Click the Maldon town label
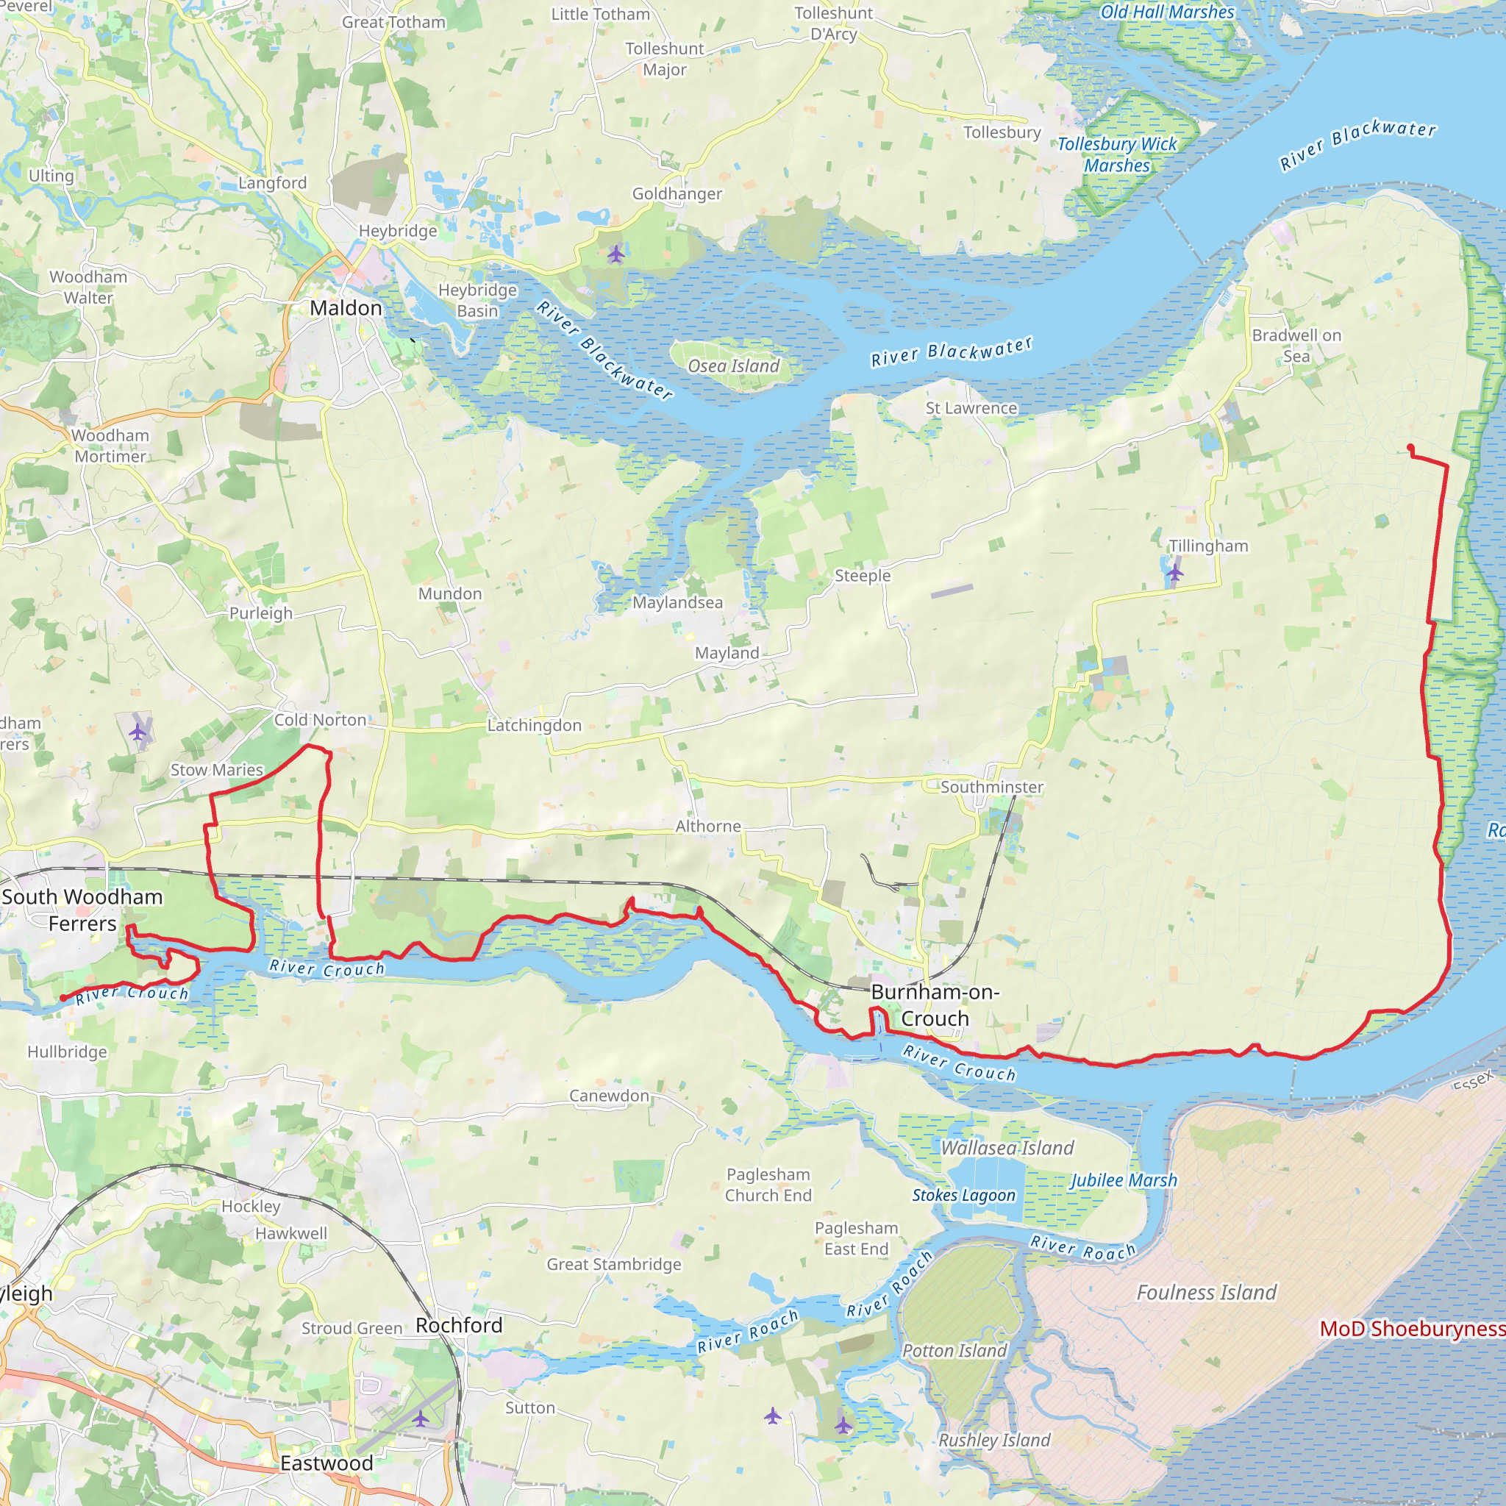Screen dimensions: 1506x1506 (346, 308)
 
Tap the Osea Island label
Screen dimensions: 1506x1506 (732, 365)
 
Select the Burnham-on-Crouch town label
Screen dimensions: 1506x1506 (935, 1004)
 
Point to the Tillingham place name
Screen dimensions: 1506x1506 (1208, 546)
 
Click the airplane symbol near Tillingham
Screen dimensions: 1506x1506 (1174, 573)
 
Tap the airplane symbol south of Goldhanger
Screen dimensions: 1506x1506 (615, 254)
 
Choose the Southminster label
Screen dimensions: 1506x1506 (991, 787)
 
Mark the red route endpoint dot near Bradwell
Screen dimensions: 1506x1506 (1410, 447)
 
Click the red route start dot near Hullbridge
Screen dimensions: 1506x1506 (63, 998)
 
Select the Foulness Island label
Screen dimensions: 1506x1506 (1207, 1293)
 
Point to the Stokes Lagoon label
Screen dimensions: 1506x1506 (963, 1195)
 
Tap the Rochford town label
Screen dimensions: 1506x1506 (458, 1325)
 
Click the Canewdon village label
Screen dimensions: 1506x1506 (609, 1095)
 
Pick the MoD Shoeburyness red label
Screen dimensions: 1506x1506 (1412, 1328)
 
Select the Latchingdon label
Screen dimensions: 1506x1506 (534, 725)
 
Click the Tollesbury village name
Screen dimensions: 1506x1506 (1002, 132)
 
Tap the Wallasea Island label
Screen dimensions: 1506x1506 (1007, 1147)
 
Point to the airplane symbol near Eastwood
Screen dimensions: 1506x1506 (420, 1418)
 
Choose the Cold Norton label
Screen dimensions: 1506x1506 (320, 719)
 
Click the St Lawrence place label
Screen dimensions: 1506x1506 (971, 407)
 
